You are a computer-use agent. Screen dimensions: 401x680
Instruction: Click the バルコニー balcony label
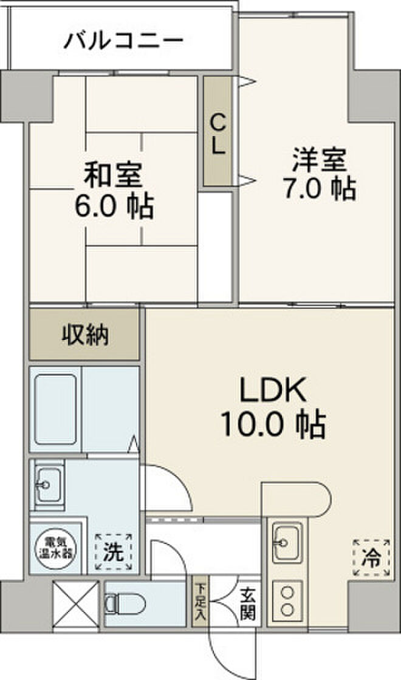[124, 41]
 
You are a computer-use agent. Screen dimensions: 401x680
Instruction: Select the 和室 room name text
[115, 176]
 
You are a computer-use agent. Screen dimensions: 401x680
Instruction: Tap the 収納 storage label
[85, 335]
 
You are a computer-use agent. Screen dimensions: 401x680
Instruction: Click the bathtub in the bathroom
[56, 404]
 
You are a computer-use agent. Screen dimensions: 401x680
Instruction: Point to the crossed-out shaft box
[75, 603]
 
